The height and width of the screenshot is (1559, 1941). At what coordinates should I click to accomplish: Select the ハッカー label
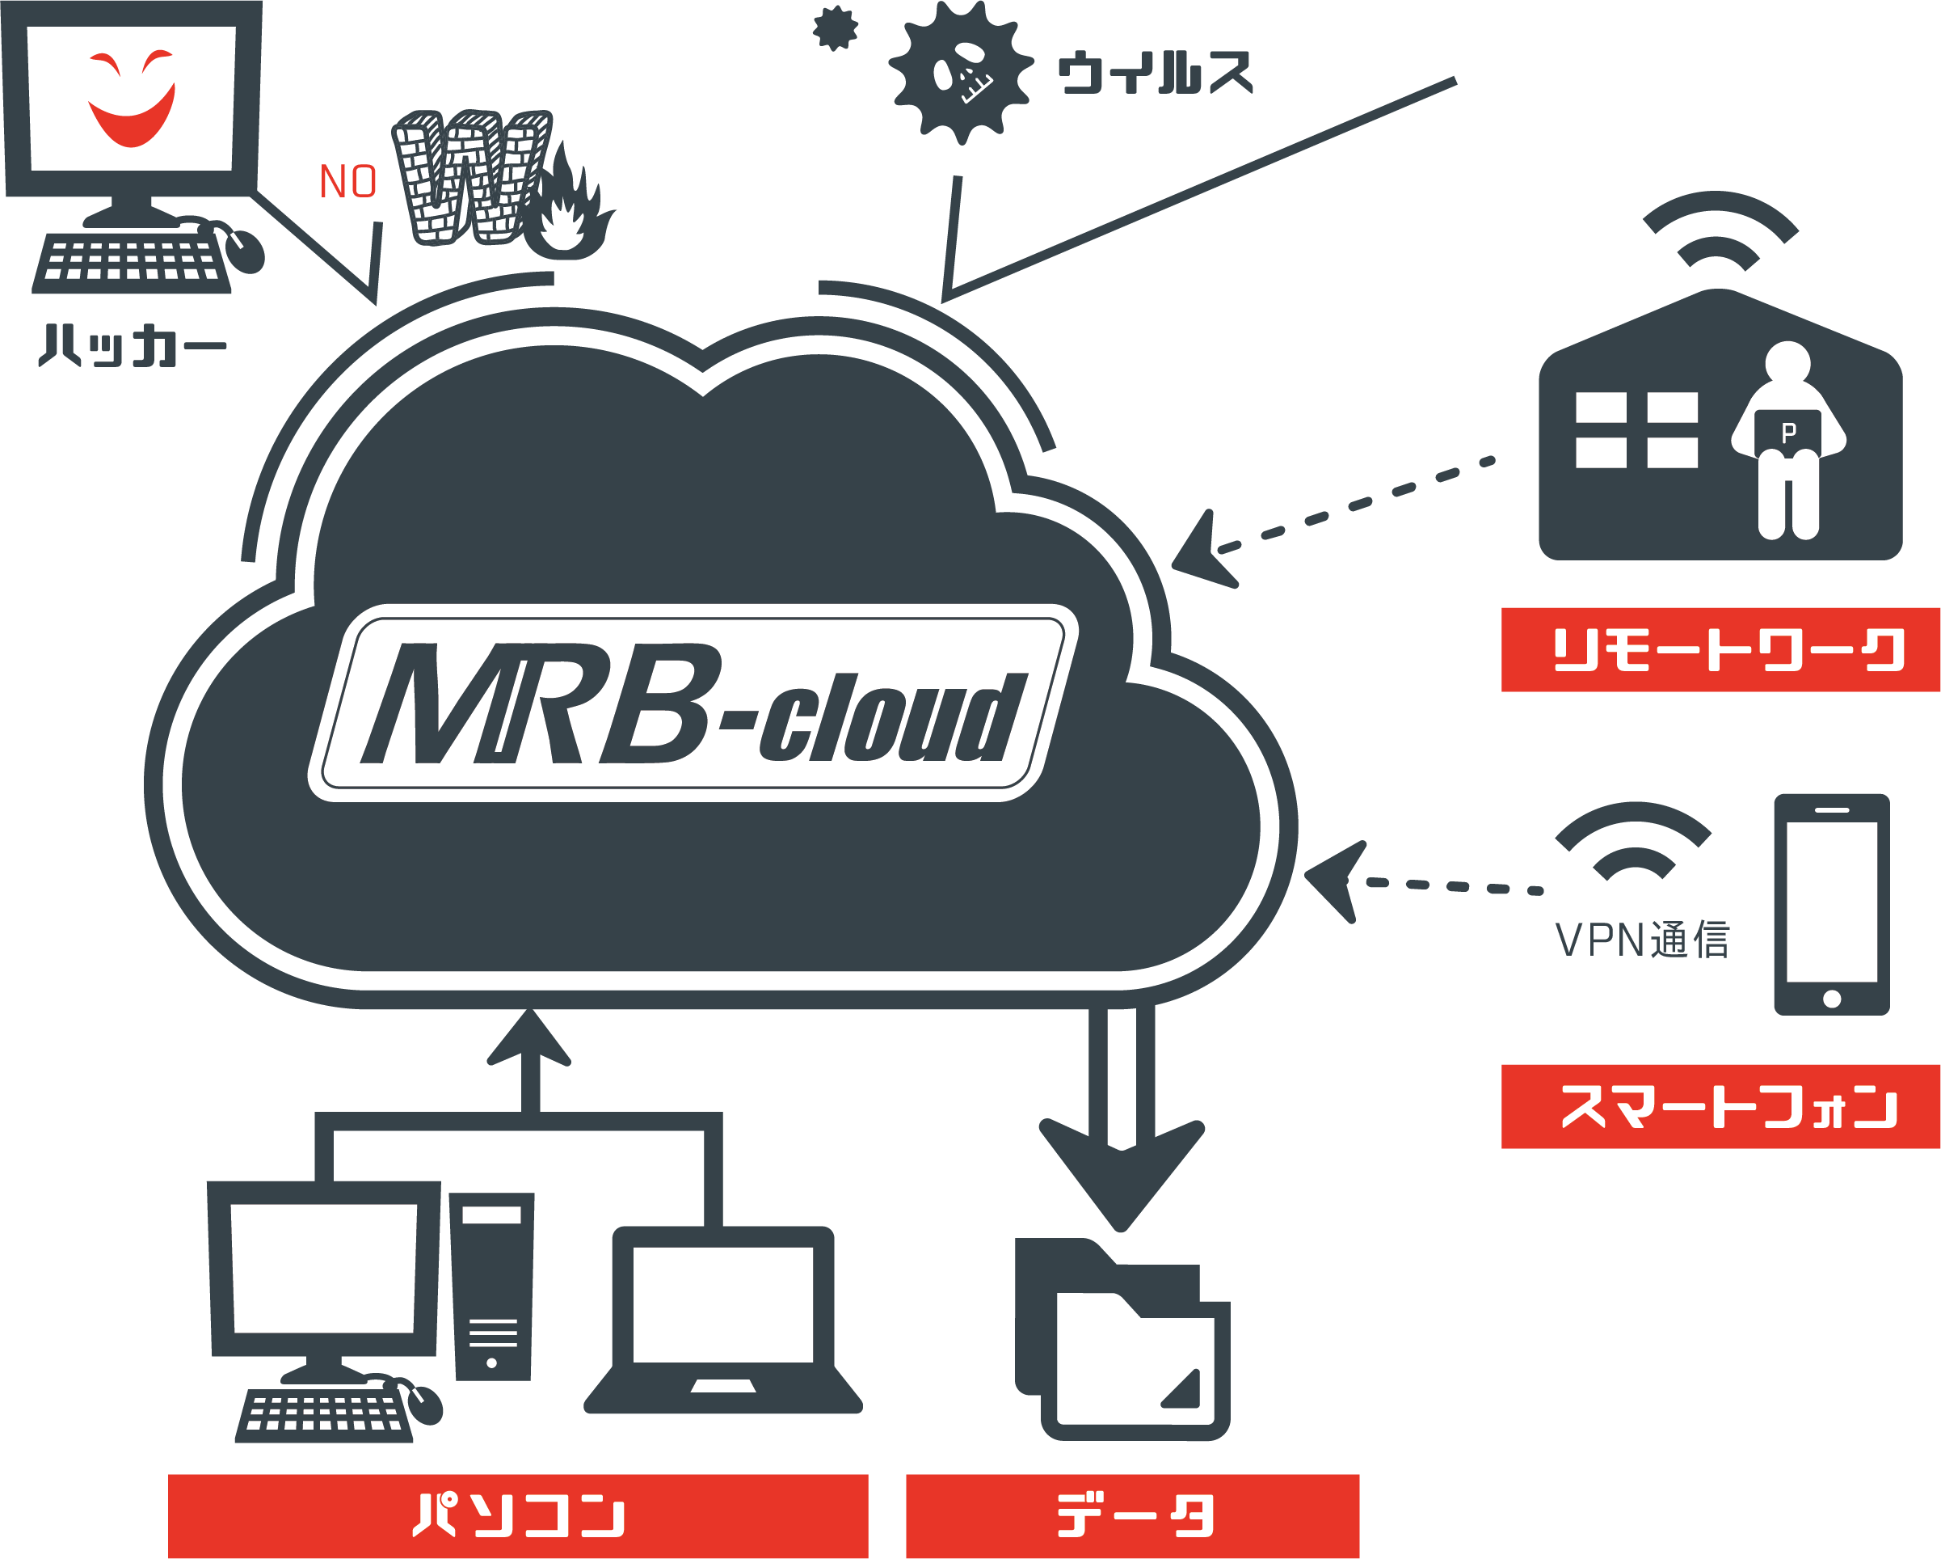[132, 345]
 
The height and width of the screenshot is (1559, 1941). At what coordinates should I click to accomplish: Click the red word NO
[348, 182]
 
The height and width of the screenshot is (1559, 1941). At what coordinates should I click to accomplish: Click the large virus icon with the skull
[961, 72]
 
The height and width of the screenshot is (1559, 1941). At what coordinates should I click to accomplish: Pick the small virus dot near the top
[835, 29]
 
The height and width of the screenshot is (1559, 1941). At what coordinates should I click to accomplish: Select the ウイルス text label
[1155, 73]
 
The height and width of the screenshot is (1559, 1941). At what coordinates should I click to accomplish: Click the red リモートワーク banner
[1720, 649]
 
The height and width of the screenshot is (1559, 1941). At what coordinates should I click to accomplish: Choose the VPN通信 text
[1641, 940]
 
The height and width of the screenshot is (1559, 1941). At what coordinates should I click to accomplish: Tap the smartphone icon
[1831, 903]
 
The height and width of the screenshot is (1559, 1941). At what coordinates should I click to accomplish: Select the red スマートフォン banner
[1720, 1106]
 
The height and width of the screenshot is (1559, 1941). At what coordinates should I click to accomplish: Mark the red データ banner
[1131, 1516]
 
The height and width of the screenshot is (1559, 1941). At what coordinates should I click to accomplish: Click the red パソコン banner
[518, 1516]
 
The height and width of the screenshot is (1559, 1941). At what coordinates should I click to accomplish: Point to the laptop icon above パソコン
[723, 1320]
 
